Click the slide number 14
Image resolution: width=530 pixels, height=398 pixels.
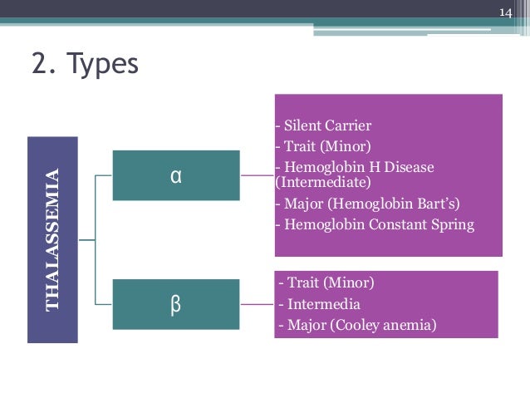click(x=506, y=12)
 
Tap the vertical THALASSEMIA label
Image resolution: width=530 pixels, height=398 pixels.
click(x=53, y=239)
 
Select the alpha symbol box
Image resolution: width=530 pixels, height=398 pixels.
click(x=175, y=175)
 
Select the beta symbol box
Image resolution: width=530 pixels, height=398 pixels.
click(x=175, y=305)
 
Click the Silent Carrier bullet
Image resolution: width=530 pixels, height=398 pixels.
click(x=324, y=126)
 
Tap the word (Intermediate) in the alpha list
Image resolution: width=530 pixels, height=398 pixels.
click(x=322, y=181)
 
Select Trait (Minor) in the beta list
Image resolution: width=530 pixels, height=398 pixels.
click(x=326, y=283)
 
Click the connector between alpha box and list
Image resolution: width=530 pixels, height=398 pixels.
click(x=258, y=175)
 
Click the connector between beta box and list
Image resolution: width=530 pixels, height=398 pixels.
click(x=258, y=305)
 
